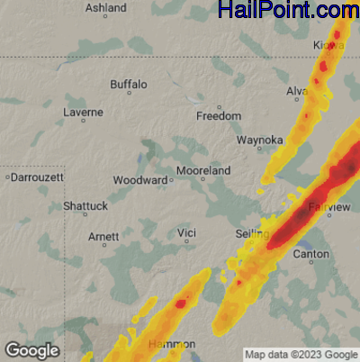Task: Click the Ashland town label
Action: [x=105, y=8]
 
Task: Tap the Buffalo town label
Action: [x=128, y=85]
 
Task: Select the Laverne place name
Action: [x=83, y=113]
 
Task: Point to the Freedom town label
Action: [x=219, y=116]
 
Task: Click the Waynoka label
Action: [x=260, y=140]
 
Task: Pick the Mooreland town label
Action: [x=203, y=170]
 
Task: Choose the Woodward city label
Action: [x=139, y=180]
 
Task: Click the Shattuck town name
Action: [x=85, y=206]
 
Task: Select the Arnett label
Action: [x=103, y=237]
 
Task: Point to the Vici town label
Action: [x=186, y=233]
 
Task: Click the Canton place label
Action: [x=311, y=254]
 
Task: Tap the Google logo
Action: [x=31, y=350]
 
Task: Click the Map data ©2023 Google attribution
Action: [x=301, y=354]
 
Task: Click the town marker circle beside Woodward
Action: [x=172, y=180]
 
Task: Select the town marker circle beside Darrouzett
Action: [x=7, y=176]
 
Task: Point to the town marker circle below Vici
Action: [x=186, y=243]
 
